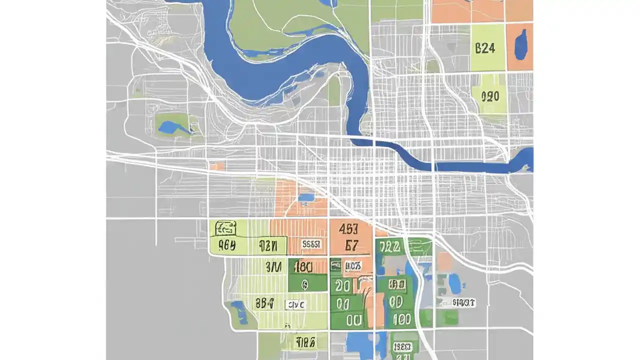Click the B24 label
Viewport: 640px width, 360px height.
click(484, 48)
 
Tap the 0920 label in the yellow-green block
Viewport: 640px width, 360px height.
click(489, 96)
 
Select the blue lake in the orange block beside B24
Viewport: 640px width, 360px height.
click(520, 43)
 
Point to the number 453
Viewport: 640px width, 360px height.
click(348, 229)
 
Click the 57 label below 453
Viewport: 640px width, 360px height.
click(352, 245)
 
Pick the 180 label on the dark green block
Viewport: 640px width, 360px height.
click(303, 265)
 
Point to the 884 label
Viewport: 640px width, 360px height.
click(264, 302)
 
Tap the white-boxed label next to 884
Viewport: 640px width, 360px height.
click(294, 304)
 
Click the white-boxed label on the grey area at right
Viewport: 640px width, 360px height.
click(463, 302)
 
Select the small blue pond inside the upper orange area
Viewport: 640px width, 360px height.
click(306, 197)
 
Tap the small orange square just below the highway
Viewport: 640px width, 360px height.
click(217, 166)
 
